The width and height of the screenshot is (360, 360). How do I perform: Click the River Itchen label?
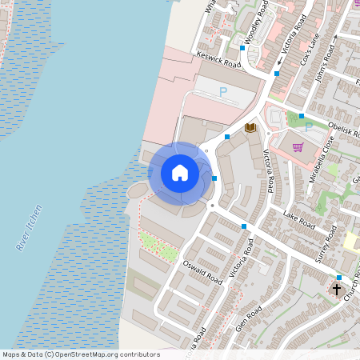[30, 229]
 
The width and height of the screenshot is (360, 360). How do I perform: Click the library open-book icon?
[250, 127]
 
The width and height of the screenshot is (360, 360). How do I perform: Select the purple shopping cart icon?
[298, 146]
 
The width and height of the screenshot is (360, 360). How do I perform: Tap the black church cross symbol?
[337, 289]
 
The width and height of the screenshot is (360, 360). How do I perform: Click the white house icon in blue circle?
[180, 173]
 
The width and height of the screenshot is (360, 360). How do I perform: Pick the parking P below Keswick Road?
[223, 93]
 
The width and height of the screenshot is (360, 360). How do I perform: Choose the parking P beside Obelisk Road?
[307, 126]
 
